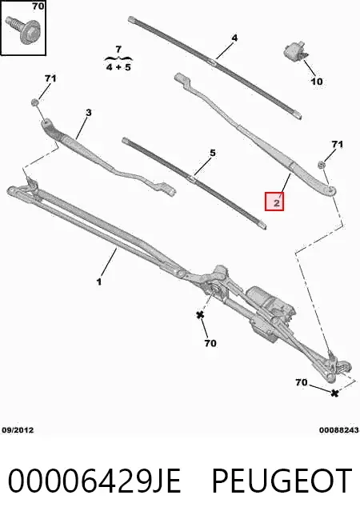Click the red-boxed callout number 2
(277, 202)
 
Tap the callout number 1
(99, 281)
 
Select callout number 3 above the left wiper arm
(89, 113)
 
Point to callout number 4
(234, 38)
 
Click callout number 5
(213, 153)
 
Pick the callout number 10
(317, 81)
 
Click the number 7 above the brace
(118, 50)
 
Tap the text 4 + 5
(118, 67)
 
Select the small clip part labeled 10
(295, 50)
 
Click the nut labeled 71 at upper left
(34, 102)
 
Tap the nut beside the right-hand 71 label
(321, 165)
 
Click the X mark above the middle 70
(200, 315)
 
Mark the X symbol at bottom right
(334, 393)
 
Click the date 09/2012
(18, 430)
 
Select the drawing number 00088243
(338, 430)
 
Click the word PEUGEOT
(282, 481)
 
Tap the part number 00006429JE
(94, 481)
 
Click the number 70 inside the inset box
(38, 6)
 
